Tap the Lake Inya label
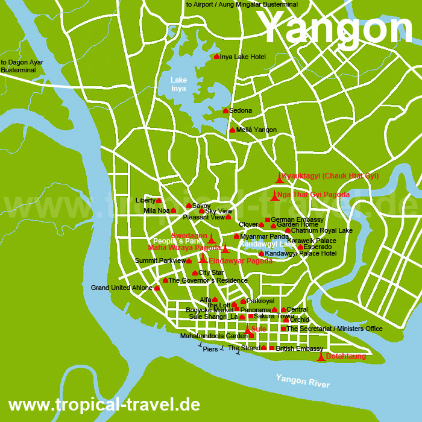click(x=178, y=84)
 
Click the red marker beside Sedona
click(x=225, y=110)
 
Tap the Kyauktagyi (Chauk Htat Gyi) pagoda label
click(x=330, y=176)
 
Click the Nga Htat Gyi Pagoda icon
click(x=274, y=196)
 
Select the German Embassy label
click(x=297, y=219)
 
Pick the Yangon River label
click(x=303, y=381)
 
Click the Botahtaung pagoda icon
click(x=321, y=357)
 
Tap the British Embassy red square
click(x=272, y=348)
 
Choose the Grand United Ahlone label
click(x=122, y=288)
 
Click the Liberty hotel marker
click(x=159, y=201)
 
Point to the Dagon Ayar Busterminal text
click(x=22, y=66)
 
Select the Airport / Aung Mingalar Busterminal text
click(x=242, y=4)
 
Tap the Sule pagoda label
click(x=259, y=329)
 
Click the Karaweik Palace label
click(x=312, y=241)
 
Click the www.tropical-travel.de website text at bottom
click(x=104, y=404)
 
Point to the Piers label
click(x=210, y=349)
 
